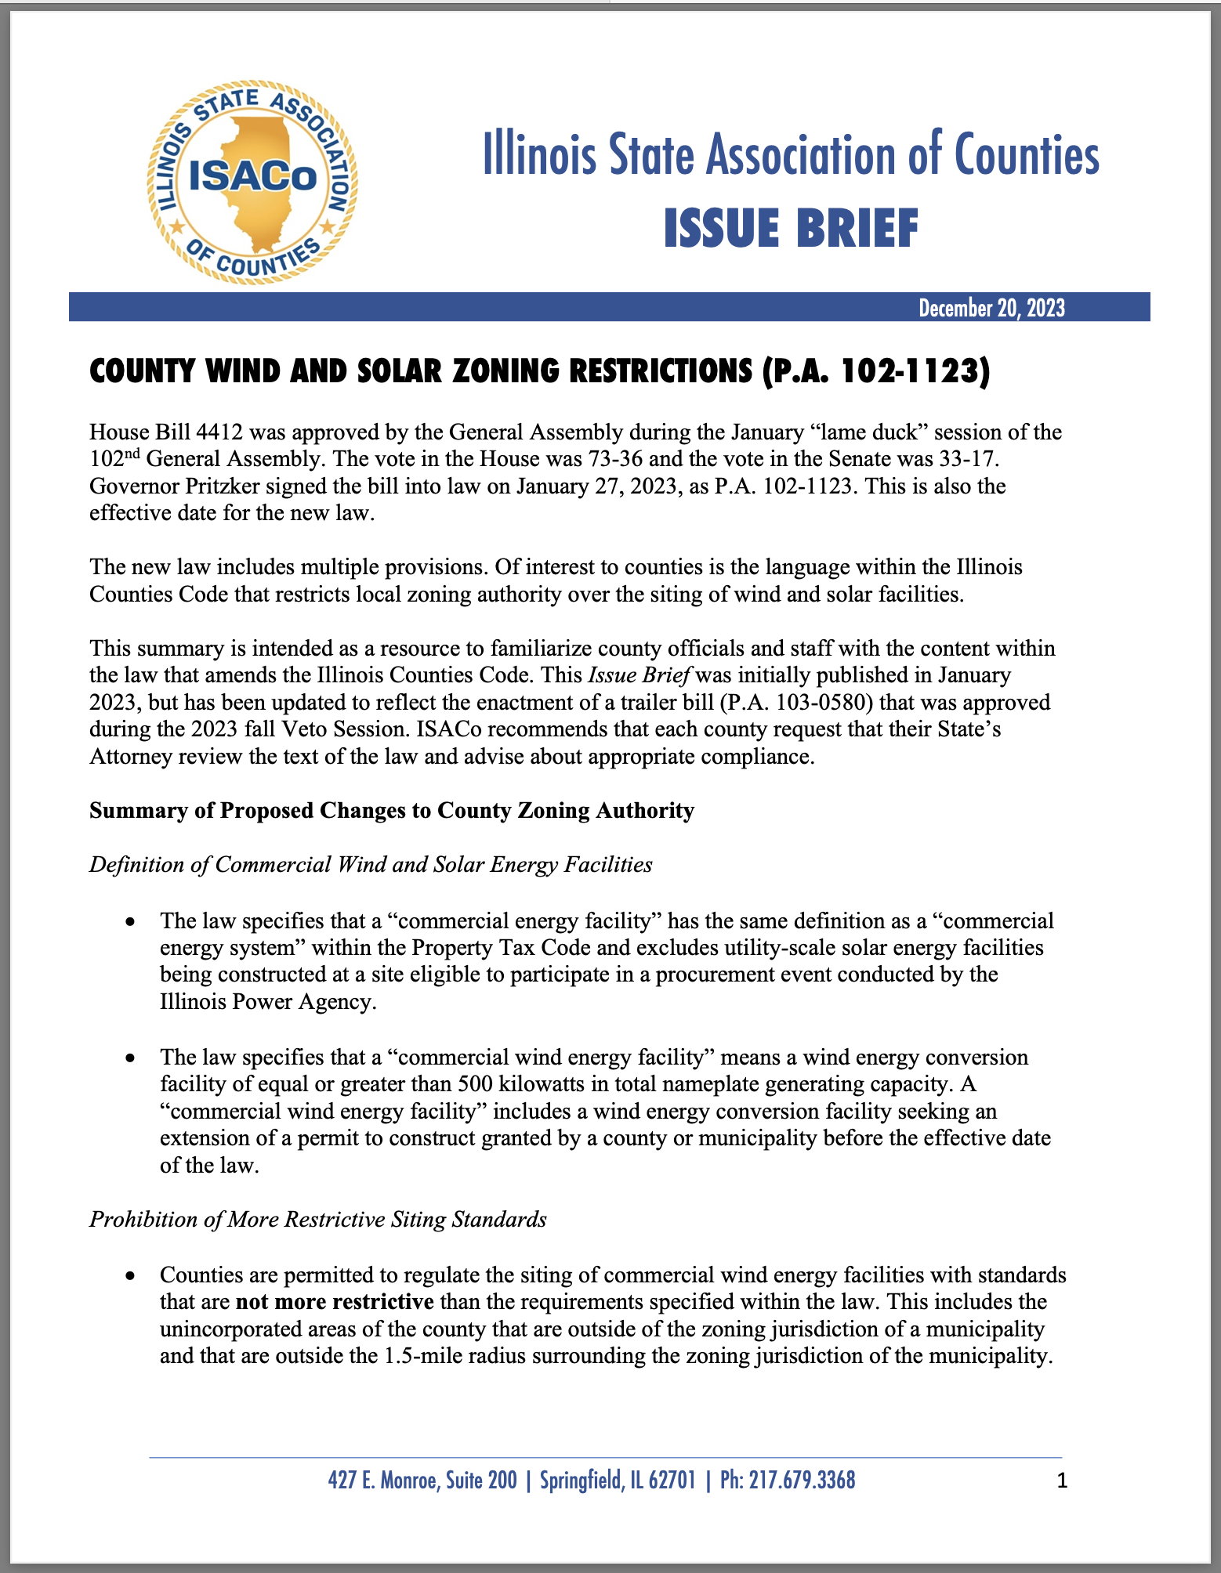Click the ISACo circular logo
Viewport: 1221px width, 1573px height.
coord(252,182)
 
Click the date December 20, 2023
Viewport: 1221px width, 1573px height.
coord(991,308)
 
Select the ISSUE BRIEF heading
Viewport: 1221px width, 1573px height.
coord(791,229)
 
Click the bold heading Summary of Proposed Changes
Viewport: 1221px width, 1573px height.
coord(392,810)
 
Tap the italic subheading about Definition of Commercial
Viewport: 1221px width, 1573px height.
coord(371,864)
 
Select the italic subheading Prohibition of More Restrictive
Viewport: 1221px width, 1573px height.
coord(318,1220)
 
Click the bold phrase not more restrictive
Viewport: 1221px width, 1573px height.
coord(335,1302)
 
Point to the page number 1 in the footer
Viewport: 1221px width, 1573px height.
coord(1062,1481)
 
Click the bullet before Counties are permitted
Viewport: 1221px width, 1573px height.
coord(132,1276)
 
